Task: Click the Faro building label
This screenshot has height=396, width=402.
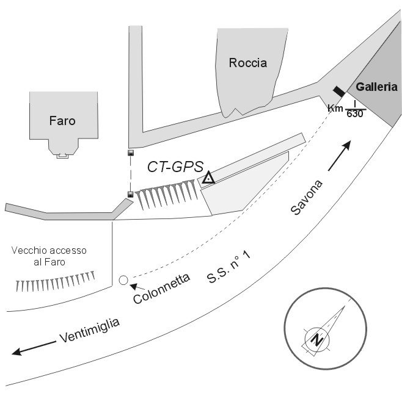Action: (x=62, y=121)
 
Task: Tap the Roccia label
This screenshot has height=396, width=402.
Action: (x=247, y=63)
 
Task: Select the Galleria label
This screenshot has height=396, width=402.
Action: (x=377, y=87)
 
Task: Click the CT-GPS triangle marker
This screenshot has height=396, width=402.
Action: (x=209, y=178)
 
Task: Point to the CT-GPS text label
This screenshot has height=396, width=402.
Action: (x=175, y=167)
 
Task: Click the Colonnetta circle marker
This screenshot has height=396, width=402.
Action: (x=123, y=280)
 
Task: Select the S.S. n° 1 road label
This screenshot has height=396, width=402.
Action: (x=229, y=270)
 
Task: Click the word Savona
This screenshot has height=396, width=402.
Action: (x=304, y=196)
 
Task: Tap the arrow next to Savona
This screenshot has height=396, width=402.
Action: (x=338, y=156)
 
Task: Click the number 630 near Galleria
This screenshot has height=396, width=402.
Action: (x=355, y=114)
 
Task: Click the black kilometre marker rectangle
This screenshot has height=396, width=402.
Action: (x=338, y=92)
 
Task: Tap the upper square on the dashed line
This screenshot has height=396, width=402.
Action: (x=130, y=153)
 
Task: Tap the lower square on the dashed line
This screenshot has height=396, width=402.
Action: (x=130, y=195)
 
